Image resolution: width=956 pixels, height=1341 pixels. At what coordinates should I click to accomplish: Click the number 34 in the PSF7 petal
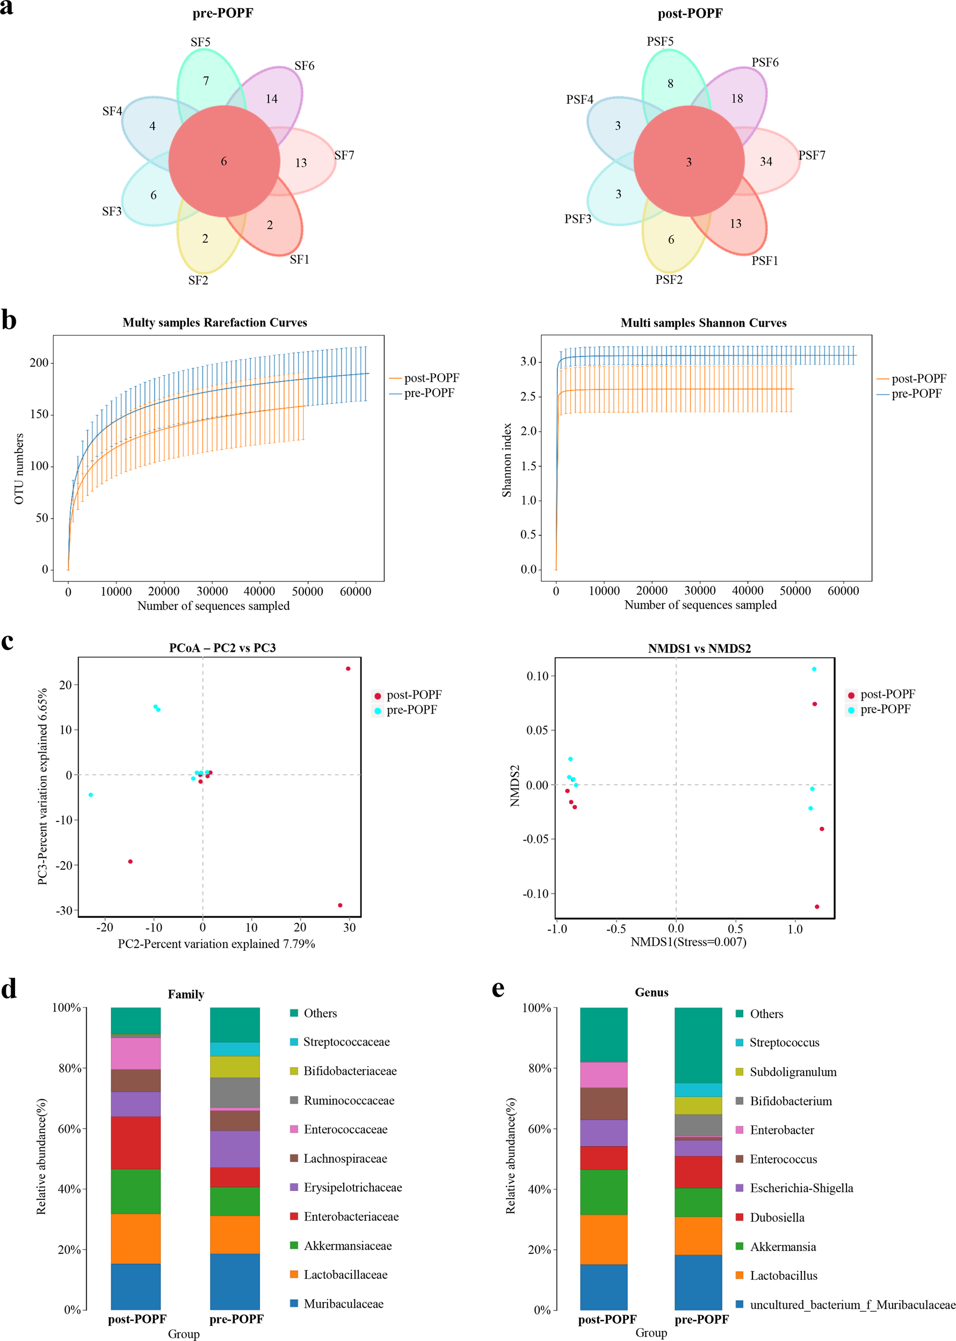coord(765,161)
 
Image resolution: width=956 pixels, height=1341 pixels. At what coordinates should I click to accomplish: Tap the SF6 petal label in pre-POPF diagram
coord(304,66)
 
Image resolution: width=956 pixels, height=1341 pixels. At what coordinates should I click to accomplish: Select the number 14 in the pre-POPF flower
coord(271,99)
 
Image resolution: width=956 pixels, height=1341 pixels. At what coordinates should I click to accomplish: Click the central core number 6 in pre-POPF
coord(224,161)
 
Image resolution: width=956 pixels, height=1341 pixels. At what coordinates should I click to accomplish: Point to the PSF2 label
coord(669,280)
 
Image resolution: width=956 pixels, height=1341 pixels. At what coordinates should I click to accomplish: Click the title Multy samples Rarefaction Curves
coord(214,323)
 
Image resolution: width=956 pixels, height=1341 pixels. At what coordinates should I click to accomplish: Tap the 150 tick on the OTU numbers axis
coord(39,414)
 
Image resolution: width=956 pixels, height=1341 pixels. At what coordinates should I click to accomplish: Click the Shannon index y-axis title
coord(506,460)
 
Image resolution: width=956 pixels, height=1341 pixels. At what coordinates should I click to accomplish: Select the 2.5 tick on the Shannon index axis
coord(527,397)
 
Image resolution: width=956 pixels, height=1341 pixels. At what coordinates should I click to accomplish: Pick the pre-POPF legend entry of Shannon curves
coord(916,393)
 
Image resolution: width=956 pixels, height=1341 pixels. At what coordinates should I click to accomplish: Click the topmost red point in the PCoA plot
coord(348,668)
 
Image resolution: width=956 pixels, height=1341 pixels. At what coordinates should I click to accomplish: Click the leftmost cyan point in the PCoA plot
coord(91,795)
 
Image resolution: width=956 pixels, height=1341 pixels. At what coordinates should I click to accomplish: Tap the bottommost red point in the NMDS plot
coord(816,907)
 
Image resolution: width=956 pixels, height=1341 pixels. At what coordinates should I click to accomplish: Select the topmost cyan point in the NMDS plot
coord(814,669)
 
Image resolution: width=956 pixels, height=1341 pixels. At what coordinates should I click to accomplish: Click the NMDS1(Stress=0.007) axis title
coord(688,942)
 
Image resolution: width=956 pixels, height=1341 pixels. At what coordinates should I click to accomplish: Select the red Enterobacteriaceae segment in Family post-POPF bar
coord(135,1142)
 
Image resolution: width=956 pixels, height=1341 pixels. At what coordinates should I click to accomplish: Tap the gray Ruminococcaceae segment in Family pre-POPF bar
coord(235,1092)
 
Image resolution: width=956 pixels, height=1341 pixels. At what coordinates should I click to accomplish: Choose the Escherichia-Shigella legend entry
coord(801,1188)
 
